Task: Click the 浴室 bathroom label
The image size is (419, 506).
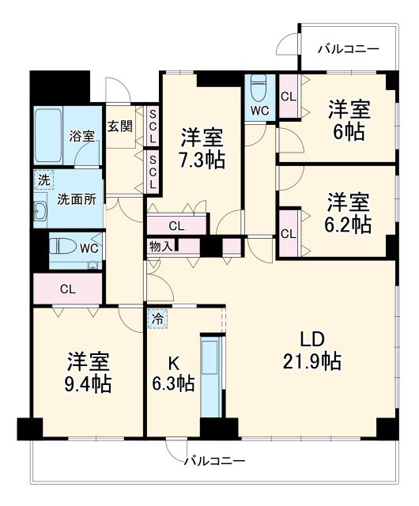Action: click(x=81, y=135)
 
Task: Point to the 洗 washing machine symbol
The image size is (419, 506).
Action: click(x=43, y=179)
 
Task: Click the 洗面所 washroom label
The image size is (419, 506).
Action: click(x=76, y=198)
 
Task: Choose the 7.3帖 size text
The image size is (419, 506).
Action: click(x=202, y=159)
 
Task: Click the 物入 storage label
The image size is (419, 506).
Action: click(x=160, y=247)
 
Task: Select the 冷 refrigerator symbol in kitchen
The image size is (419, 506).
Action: click(x=158, y=319)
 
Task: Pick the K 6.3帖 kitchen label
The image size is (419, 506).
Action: click(x=174, y=373)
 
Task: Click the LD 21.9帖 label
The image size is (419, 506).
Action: click(x=310, y=351)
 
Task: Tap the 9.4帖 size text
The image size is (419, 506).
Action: click(x=89, y=385)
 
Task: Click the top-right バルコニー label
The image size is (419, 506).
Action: click(x=349, y=49)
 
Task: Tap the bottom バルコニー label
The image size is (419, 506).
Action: click(x=214, y=459)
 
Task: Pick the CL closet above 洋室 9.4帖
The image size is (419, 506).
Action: click(x=68, y=289)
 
